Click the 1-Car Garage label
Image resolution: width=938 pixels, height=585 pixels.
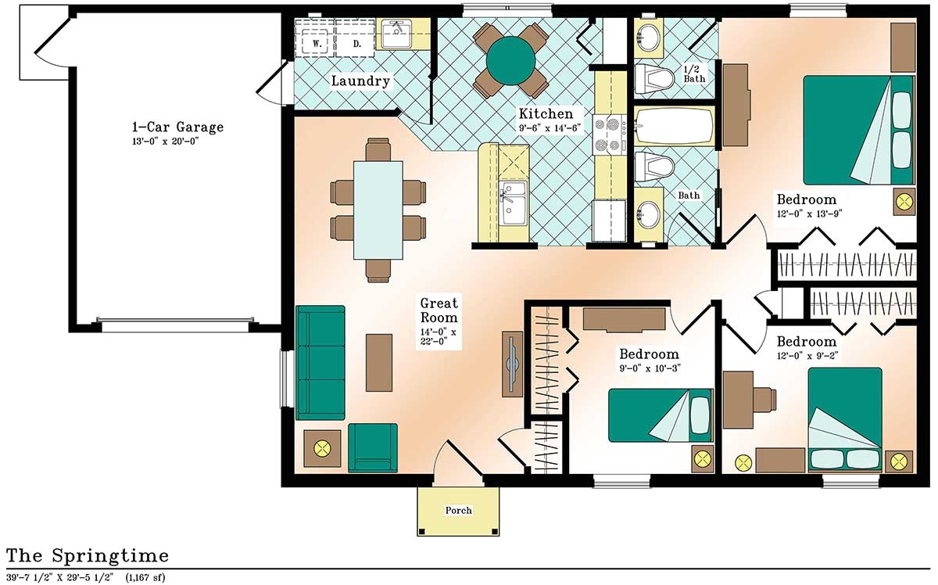[x=177, y=127]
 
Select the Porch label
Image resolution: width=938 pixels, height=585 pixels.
[x=458, y=511]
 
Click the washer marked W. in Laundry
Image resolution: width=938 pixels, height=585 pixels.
[x=317, y=44]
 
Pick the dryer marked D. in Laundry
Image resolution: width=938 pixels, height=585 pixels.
[x=356, y=44]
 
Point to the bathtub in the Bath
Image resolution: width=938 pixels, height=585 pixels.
[x=673, y=127]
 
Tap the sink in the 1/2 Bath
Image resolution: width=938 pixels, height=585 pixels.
[x=648, y=36]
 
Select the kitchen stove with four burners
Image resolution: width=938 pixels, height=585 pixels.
[x=609, y=133]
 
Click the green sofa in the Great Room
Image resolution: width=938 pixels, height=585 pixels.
[x=320, y=363]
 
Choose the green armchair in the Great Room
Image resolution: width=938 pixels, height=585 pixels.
[x=372, y=447]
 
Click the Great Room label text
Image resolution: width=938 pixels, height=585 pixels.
[x=439, y=310]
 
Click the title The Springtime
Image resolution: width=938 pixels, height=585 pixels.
[x=87, y=556]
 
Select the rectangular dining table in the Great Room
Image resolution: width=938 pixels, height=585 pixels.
[x=378, y=209]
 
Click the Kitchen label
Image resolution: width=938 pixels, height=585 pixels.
[x=550, y=113]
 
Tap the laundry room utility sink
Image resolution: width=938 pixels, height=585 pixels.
[x=396, y=32]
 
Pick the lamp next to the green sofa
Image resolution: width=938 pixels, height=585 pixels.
[x=321, y=449]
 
